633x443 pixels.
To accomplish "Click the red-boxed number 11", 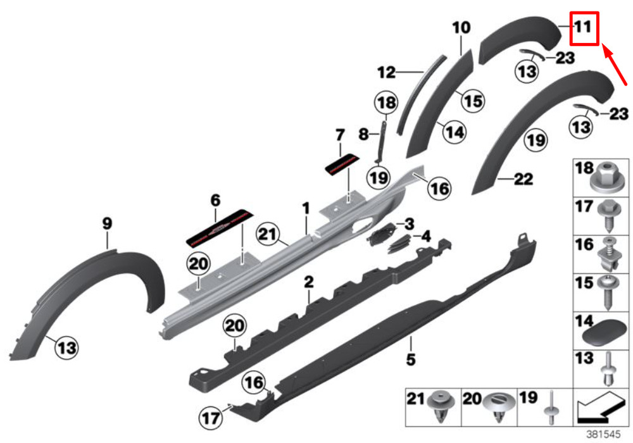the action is pos(583,27).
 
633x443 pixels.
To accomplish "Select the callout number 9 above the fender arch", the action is pos(107,223).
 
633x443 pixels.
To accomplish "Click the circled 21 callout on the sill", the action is pos(268,234).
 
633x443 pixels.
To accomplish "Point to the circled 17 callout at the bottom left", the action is pos(211,418).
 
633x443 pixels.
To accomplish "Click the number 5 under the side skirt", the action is pos(411,359).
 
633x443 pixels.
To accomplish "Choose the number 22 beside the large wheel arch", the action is pos(523,178).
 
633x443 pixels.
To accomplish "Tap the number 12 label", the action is pos(386,73).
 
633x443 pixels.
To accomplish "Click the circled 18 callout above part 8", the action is pos(386,103).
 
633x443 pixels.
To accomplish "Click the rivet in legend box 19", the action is pos(551,408).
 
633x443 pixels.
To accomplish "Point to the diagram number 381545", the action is pos(603,435).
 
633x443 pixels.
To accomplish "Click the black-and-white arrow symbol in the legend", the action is pos(600,409).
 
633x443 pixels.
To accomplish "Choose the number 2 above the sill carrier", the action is pos(309,282).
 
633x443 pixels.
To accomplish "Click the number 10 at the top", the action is pos(461,28).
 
